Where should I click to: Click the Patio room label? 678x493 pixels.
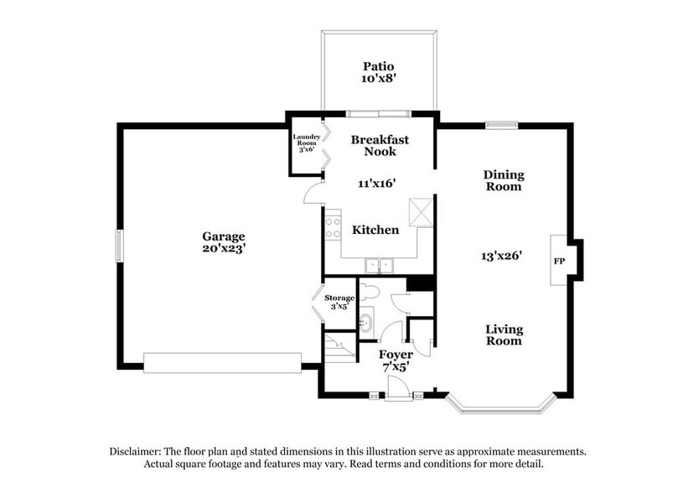(x=379, y=66)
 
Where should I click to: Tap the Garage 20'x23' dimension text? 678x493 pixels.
(x=223, y=248)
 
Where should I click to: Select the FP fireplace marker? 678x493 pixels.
(x=559, y=260)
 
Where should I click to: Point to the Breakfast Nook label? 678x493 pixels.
(x=380, y=145)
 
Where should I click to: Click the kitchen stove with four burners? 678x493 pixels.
(x=333, y=227)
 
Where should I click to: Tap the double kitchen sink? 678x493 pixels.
(x=380, y=266)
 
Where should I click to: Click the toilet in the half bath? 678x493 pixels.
(x=371, y=292)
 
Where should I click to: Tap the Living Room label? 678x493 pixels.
(x=504, y=335)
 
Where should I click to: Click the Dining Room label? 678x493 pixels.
(x=504, y=180)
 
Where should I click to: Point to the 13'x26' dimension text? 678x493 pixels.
(x=503, y=256)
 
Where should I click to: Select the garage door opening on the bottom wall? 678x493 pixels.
(x=222, y=362)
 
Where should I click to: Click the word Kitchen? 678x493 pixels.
(x=375, y=230)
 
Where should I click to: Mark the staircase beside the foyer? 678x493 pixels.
(x=340, y=347)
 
